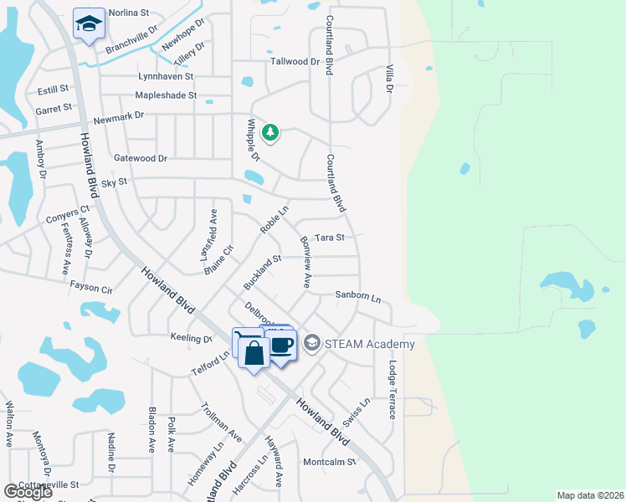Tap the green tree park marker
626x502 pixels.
tap(269, 131)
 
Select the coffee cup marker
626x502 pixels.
tap(282, 344)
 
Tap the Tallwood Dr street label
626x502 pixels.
tap(295, 62)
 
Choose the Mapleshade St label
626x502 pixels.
tap(166, 95)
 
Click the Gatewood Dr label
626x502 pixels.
tap(141, 158)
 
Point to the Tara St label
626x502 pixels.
tap(329, 238)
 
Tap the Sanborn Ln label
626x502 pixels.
tap(357, 296)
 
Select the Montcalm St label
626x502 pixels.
tap(329, 462)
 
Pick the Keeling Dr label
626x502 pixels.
tap(191, 339)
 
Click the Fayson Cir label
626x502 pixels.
tap(91, 288)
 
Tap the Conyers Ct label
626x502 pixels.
tap(68, 215)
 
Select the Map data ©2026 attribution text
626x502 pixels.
tap(590, 495)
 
